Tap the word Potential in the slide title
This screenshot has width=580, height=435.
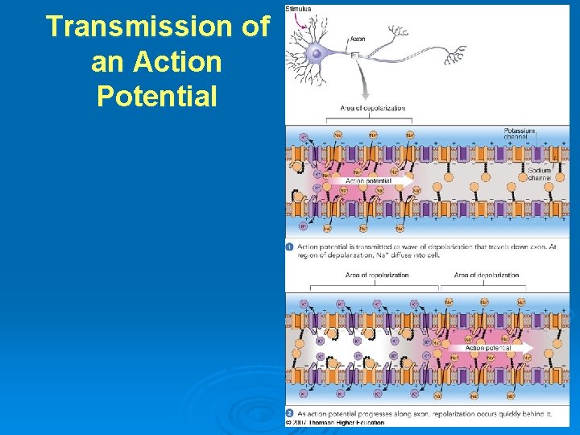click(157, 97)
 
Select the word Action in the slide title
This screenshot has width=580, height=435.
click(180, 61)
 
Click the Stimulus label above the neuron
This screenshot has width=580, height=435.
click(299, 9)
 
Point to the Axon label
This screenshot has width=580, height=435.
click(358, 38)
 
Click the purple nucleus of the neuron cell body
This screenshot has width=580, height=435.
click(317, 53)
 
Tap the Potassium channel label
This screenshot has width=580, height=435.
click(520, 134)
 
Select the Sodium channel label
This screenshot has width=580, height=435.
click(539, 174)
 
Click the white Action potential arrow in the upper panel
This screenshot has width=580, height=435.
click(379, 181)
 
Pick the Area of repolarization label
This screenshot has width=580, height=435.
click(376, 275)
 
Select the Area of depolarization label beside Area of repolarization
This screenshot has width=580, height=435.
click(487, 275)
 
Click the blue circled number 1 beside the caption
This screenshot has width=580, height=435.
click(289, 246)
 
